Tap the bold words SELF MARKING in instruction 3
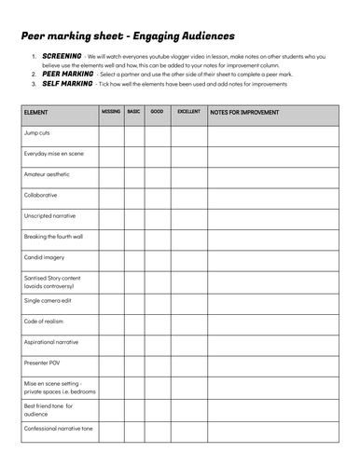[67, 84]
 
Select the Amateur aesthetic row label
[47, 175]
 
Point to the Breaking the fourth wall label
[53, 237]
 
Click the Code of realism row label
[44, 322]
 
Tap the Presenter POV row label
[43, 363]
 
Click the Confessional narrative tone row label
[58, 430]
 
